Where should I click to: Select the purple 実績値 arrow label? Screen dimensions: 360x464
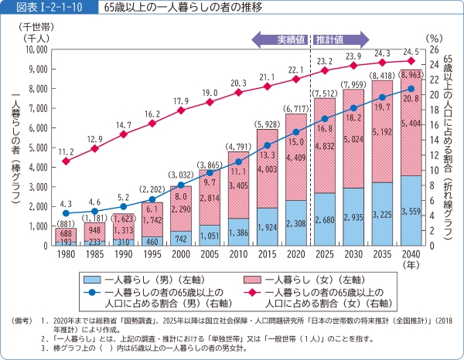click(x=288, y=39)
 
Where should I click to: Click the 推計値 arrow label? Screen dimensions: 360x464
click(x=331, y=39)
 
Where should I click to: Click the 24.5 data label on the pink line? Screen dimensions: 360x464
click(x=411, y=52)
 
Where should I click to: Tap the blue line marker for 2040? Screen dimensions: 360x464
click(x=411, y=89)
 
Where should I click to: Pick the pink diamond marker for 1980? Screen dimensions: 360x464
click(x=66, y=161)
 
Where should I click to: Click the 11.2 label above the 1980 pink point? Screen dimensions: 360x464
click(x=66, y=151)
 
